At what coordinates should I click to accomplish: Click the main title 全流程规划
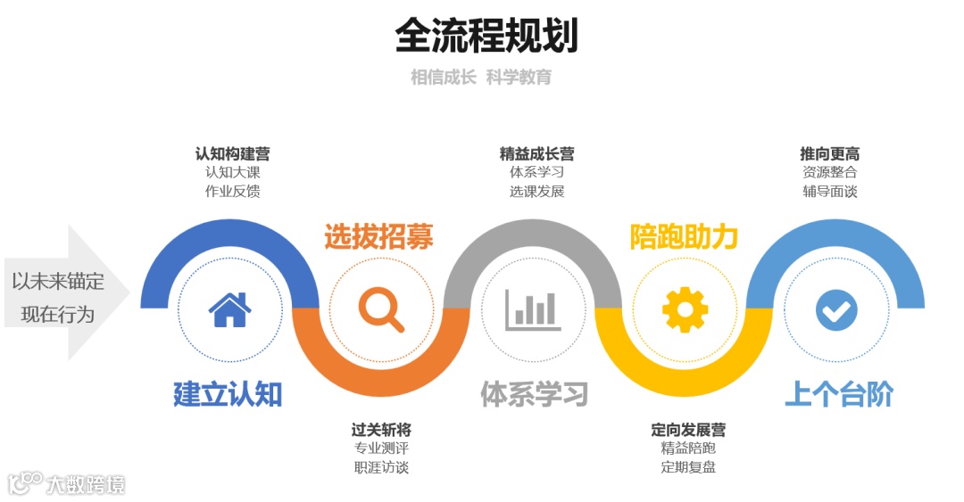coord(486,37)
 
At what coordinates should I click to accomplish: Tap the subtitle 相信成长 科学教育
coord(481,78)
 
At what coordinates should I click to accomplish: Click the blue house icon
coord(229,309)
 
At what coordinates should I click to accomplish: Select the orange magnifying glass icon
coord(381,309)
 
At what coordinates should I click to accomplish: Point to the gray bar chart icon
coord(533,309)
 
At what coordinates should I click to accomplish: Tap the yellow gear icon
coord(685,309)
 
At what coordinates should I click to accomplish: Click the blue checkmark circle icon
coord(836,310)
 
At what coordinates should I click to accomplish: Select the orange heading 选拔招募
coord(378,237)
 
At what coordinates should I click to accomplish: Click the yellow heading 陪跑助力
coord(685,237)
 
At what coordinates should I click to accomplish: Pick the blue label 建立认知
coord(228,393)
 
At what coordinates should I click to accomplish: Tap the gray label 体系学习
coord(534,393)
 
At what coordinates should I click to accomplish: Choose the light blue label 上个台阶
coord(839,393)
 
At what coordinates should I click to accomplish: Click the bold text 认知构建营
coord(232,154)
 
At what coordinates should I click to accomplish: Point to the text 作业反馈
coord(232,191)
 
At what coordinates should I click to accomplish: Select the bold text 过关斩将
coord(381,430)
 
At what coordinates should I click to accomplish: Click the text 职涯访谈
coord(381,466)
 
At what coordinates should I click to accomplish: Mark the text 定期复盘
coord(688,466)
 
